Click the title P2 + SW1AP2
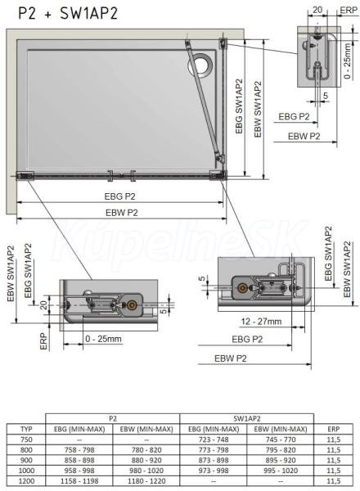pos(68,13)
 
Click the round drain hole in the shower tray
pos(200,65)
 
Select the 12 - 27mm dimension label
pos(261,322)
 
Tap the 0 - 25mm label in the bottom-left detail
pos(103,339)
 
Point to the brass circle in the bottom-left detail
pos(131,305)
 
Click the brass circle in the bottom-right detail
pos(241,288)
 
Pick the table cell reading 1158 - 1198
pos(79,481)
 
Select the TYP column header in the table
pos(26,429)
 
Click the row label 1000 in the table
pos(26,471)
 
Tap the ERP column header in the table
pos(333,429)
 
